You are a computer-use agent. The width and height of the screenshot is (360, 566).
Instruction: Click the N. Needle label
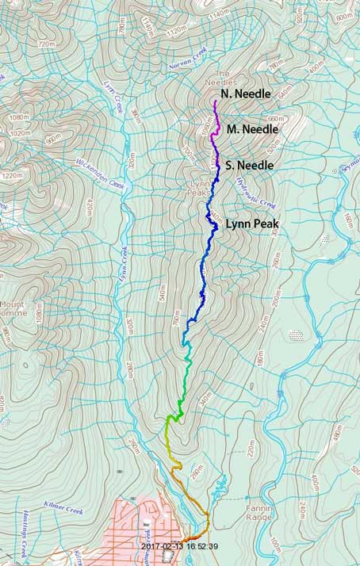(x=246, y=94)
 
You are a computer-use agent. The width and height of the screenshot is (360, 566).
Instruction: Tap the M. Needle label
(x=252, y=129)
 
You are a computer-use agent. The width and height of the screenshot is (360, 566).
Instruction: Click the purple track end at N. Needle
(x=215, y=102)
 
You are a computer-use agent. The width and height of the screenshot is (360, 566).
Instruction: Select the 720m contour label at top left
(x=46, y=43)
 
